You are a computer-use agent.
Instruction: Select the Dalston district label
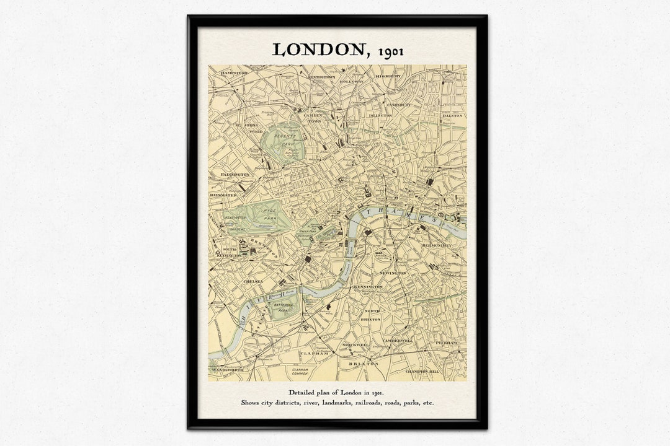(x=452, y=116)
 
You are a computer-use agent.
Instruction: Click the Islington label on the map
(x=380, y=115)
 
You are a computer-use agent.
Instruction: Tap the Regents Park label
(x=287, y=139)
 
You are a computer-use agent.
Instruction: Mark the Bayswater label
(x=223, y=195)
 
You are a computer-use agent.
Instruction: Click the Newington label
(x=393, y=273)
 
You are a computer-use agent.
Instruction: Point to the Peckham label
(x=446, y=343)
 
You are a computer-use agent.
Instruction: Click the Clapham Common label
(x=300, y=372)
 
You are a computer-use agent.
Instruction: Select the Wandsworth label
(x=227, y=370)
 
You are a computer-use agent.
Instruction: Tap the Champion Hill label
(x=422, y=372)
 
